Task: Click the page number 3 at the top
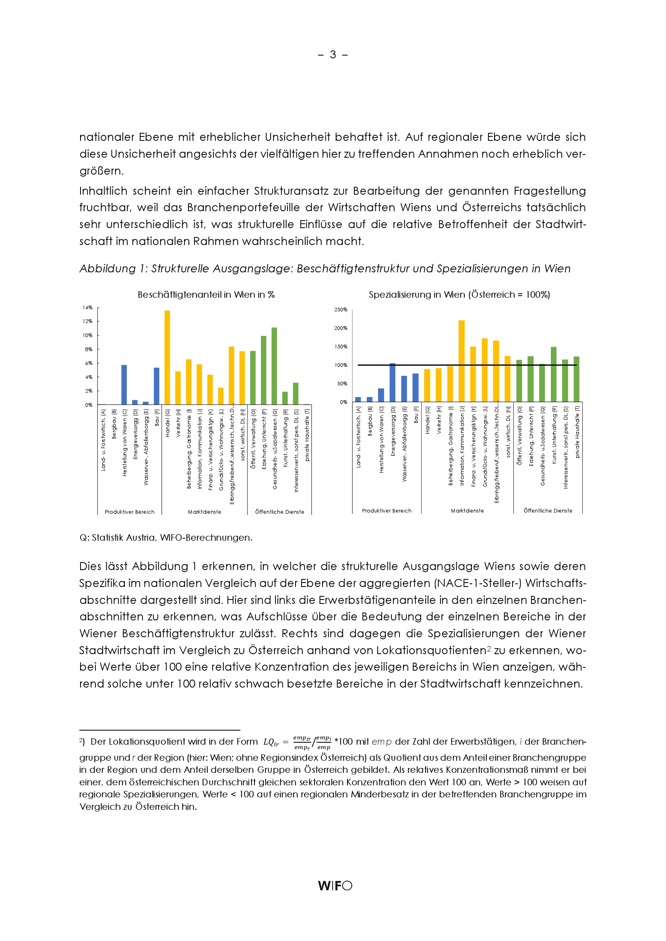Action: tap(333, 54)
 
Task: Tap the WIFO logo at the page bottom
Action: tap(335, 885)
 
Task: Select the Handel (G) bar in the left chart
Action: tap(168, 357)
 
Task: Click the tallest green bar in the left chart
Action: tap(274, 366)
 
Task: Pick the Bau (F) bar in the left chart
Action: tap(157, 386)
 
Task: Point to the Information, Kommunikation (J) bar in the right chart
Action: tap(461, 361)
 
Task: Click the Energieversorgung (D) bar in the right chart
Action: tap(393, 382)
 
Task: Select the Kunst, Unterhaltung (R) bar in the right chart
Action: tap(554, 374)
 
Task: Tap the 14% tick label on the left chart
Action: tap(87, 307)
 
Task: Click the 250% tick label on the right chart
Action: tap(341, 309)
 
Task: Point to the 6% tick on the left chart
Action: tap(89, 363)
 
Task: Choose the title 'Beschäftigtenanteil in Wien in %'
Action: tap(206, 294)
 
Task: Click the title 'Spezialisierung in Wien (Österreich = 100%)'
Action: tap(459, 294)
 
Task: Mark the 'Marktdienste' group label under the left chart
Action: tap(204, 512)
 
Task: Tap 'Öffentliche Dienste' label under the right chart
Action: tap(548, 511)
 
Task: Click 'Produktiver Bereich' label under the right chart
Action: tap(386, 511)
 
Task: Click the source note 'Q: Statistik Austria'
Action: tap(165, 538)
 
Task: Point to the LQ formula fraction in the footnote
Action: tap(312, 742)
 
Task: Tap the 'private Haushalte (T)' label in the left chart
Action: tap(307, 434)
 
